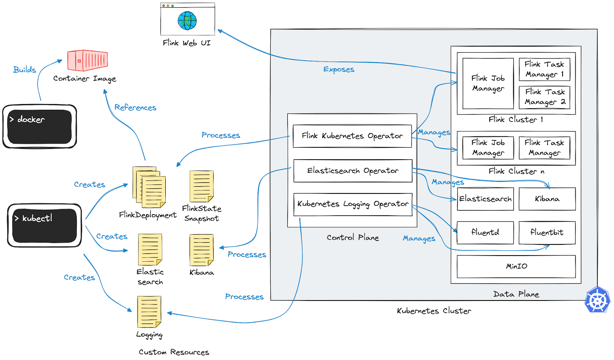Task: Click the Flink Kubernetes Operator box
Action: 352,136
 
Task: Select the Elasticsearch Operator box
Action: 353,171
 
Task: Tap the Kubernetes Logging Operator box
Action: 353,204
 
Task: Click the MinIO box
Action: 516,266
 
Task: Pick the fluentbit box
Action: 547,233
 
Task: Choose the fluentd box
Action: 485,233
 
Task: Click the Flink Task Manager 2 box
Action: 545,97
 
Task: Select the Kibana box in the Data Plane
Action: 547,199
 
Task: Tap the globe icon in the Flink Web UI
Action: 187,21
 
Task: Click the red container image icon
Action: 87,61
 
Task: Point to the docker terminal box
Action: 40,127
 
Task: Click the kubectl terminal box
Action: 45,225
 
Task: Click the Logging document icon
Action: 149,312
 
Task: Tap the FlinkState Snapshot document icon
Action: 201,186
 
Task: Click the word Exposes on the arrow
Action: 338,69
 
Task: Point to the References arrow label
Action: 135,107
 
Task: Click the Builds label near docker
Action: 25,70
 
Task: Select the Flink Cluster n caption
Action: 516,171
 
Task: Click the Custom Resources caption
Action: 174,352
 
